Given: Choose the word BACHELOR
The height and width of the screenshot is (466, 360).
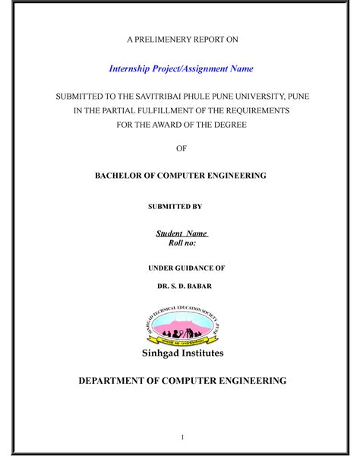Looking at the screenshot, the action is (121, 176).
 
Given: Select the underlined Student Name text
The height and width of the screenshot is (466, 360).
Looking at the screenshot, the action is (182, 233).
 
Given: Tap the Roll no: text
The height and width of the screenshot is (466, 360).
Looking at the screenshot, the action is (182, 243).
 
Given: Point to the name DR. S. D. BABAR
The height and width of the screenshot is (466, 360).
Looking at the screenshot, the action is (180, 287).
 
